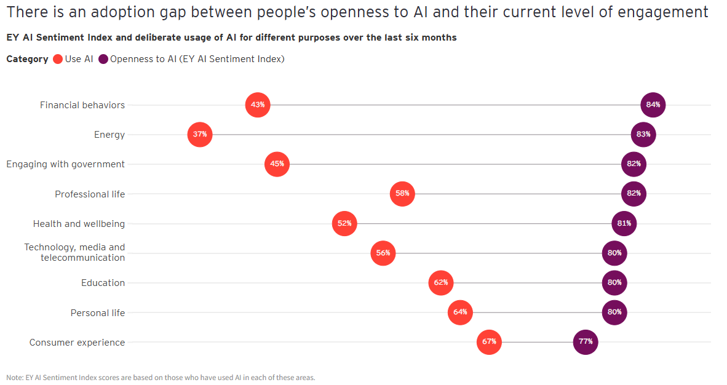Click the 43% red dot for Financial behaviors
point(258,105)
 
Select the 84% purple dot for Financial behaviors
point(653,105)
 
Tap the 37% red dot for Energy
point(200,134)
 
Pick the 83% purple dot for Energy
point(643,134)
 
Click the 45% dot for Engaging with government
point(277,164)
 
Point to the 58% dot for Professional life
point(402,194)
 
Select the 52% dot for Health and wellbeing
point(344,223)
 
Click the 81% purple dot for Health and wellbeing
point(624,223)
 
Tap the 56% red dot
point(383,253)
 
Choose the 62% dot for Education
point(440,283)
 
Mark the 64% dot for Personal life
point(460,312)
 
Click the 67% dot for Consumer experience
point(489,342)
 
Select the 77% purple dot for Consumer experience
point(585,342)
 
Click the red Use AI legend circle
point(58,59)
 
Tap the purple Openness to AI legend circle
point(103,59)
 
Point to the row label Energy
point(109,135)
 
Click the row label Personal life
point(98,313)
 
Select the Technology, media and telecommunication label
point(74,253)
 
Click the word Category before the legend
point(27,59)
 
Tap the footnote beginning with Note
point(160,378)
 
